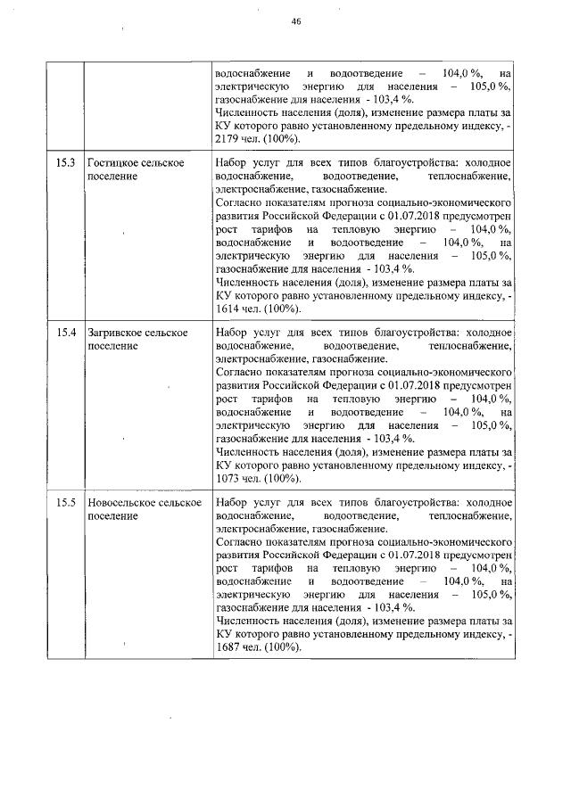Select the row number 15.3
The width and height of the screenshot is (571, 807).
click(x=65, y=164)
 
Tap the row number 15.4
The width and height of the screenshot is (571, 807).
click(x=65, y=333)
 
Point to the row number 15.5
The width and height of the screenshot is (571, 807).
click(x=65, y=503)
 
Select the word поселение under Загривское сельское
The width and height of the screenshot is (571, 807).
click(x=112, y=346)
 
